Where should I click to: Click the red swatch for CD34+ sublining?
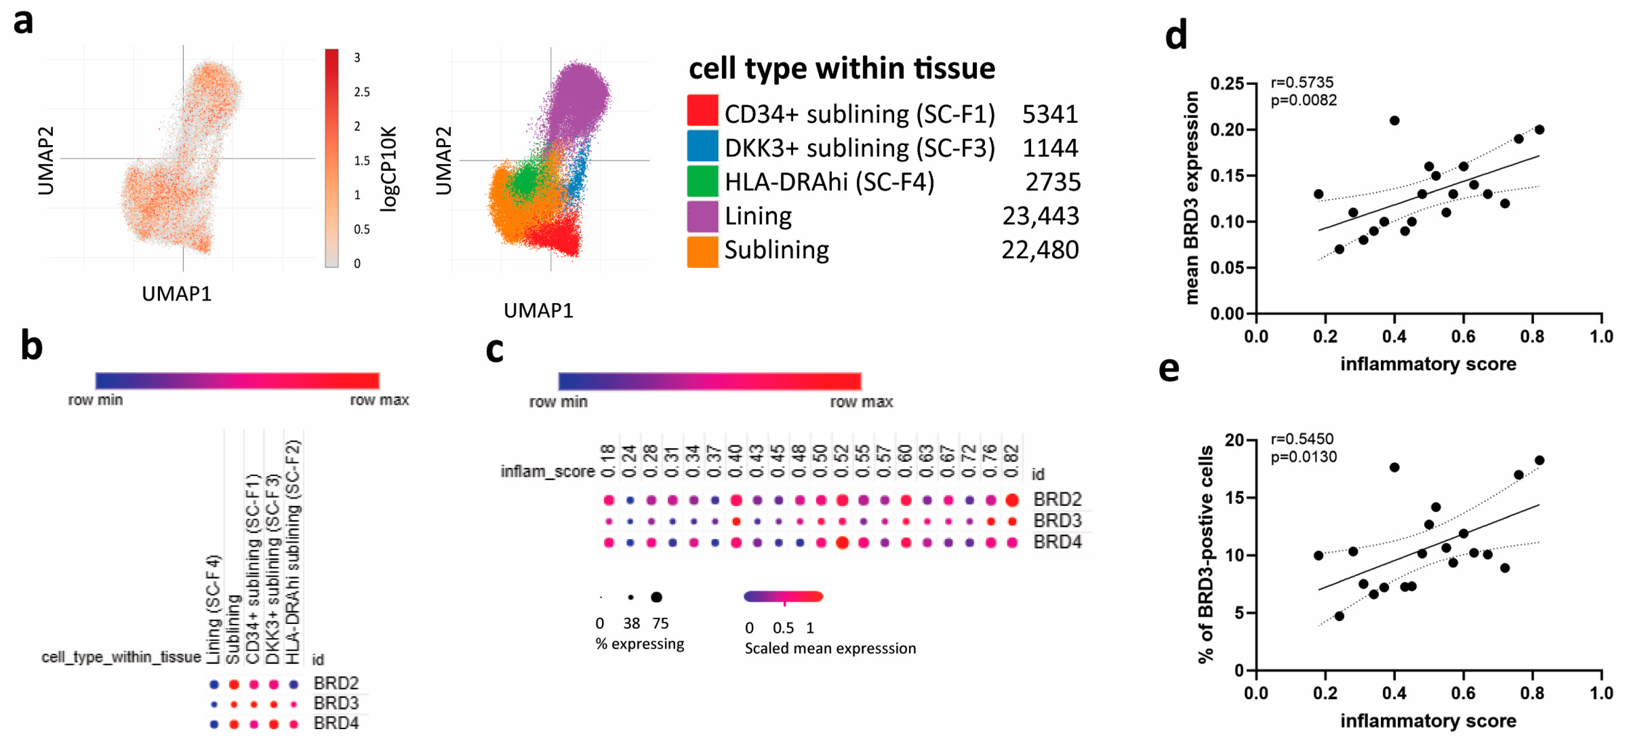tap(702, 111)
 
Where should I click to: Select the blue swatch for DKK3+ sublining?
tap(702, 146)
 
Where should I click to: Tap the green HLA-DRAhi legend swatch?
tap(702, 180)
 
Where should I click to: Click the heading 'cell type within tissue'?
tap(841, 68)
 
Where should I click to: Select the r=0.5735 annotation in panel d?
tap(1302, 83)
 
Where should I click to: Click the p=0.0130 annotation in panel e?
tap(1303, 457)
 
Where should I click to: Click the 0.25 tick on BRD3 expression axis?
tap(1226, 84)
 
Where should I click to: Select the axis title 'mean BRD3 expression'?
tap(1191, 198)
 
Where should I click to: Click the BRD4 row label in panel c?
tap(1057, 542)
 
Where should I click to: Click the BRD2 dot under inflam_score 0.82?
tap(1012, 500)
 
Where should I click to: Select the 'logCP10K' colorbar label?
tap(389, 168)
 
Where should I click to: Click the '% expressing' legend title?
tap(640, 644)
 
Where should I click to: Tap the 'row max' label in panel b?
tap(379, 400)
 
